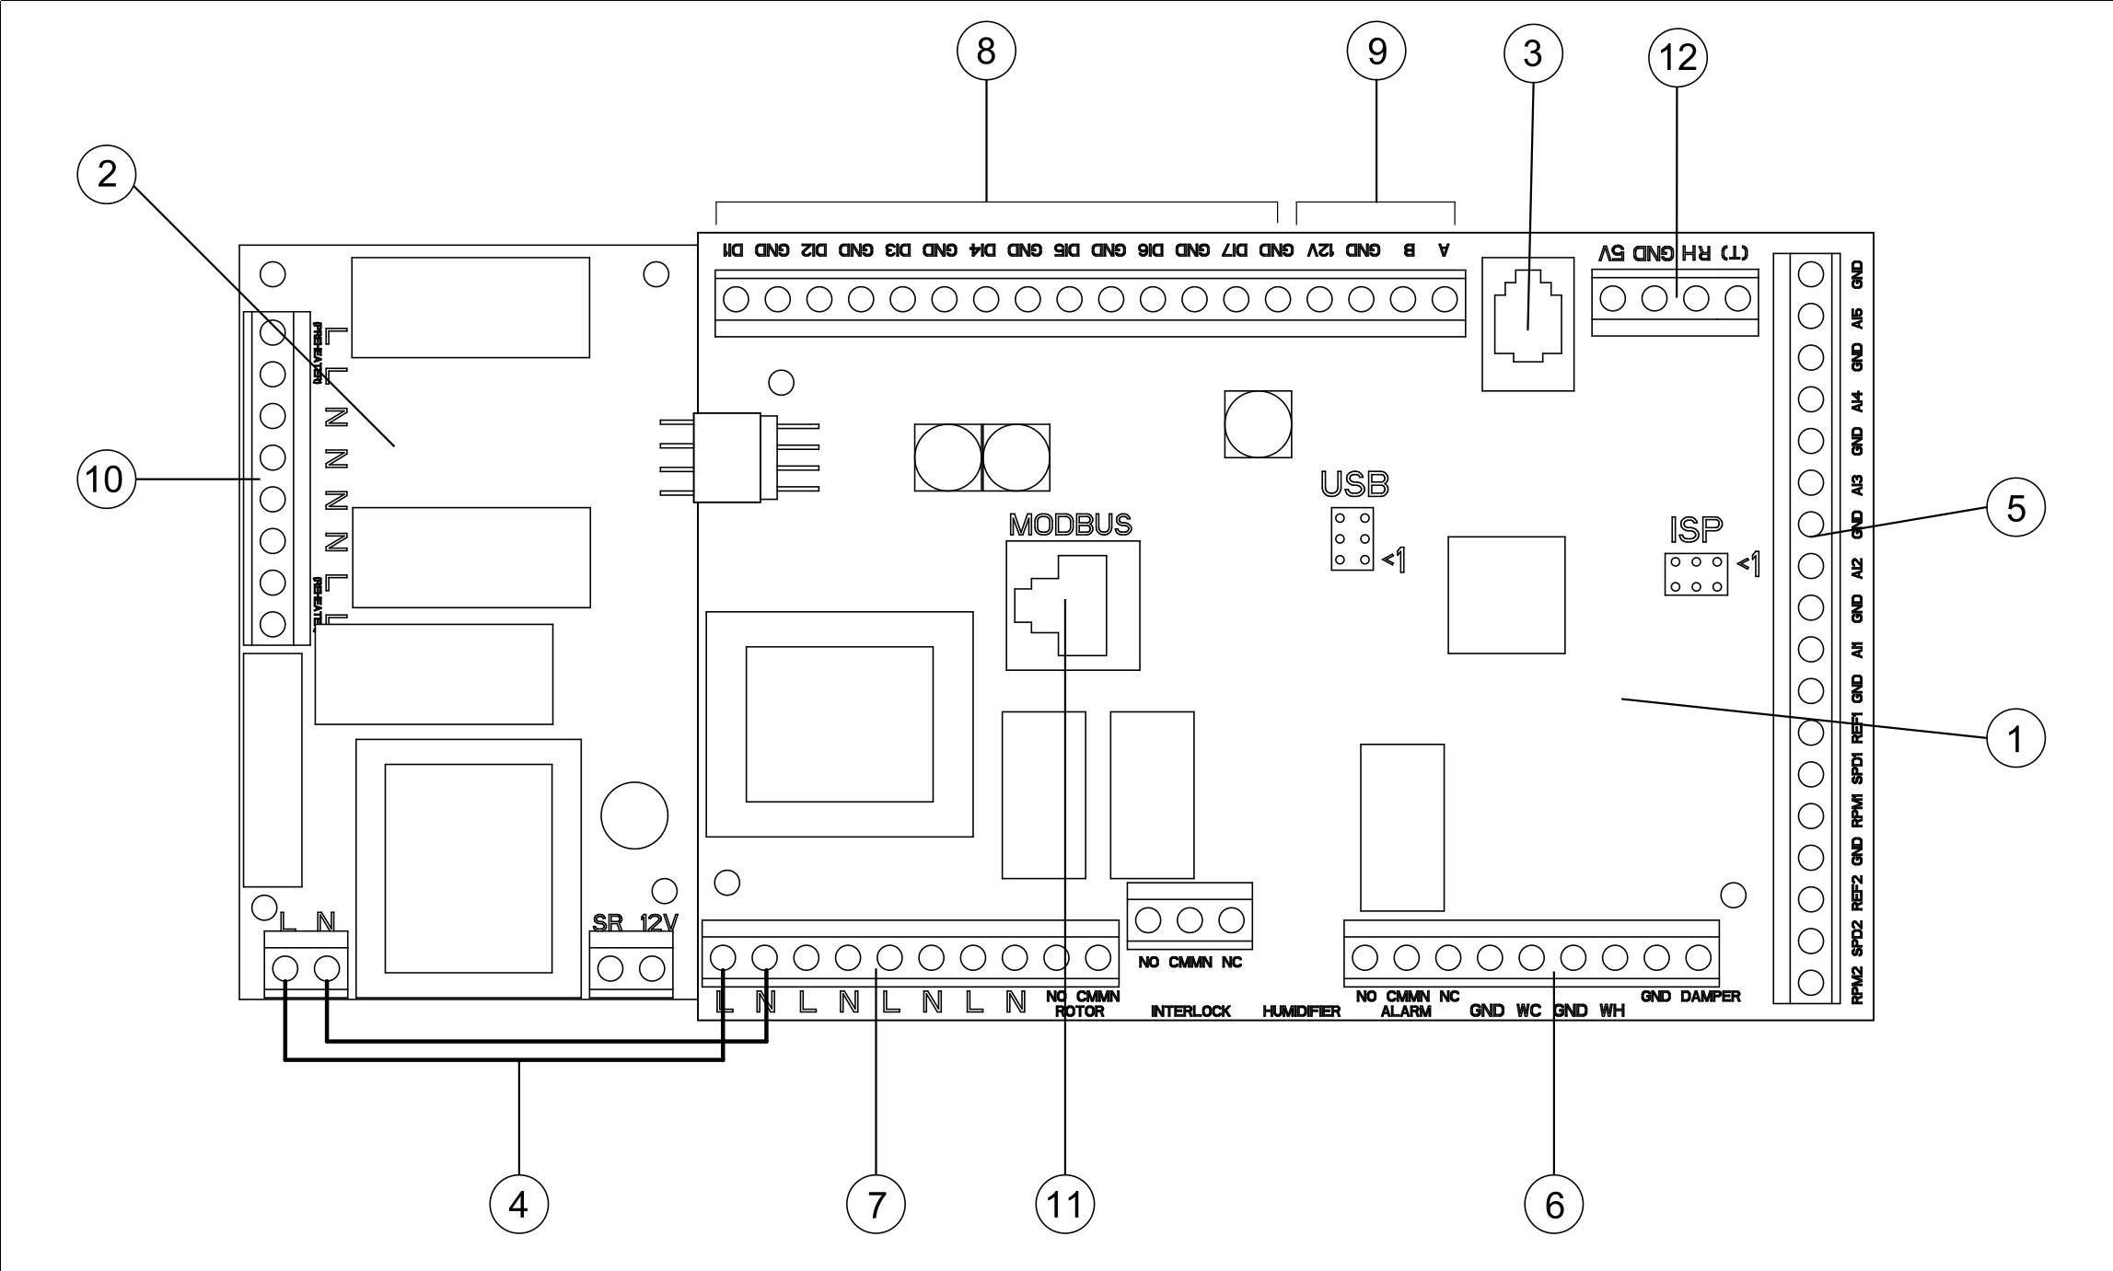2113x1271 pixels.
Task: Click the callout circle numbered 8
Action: click(986, 52)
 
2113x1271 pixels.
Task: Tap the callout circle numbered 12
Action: click(1678, 57)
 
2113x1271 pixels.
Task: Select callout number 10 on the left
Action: click(106, 480)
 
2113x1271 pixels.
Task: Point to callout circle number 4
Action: click(518, 1204)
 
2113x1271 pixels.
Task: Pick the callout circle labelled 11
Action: click(1064, 1204)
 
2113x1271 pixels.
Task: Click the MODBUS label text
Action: click(1070, 525)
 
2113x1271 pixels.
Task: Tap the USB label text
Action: click(1354, 484)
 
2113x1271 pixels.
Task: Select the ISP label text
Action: click(1695, 530)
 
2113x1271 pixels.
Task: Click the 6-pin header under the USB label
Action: click(1353, 539)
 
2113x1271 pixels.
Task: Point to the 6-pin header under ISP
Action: click(1696, 574)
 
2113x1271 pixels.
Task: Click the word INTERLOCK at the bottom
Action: click(1190, 1011)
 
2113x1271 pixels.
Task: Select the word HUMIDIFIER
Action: click(1301, 1011)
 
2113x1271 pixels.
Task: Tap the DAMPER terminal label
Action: click(1710, 996)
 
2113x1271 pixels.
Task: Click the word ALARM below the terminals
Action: click(1406, 1011)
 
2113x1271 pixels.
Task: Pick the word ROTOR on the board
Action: click(1079, 1011)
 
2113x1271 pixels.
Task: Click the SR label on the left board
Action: click(608, 922)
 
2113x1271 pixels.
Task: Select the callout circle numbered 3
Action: click(1533, 52)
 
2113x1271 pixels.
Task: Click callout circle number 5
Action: click(2015, 507)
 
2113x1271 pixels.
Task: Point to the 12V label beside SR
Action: click(658, 922)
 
